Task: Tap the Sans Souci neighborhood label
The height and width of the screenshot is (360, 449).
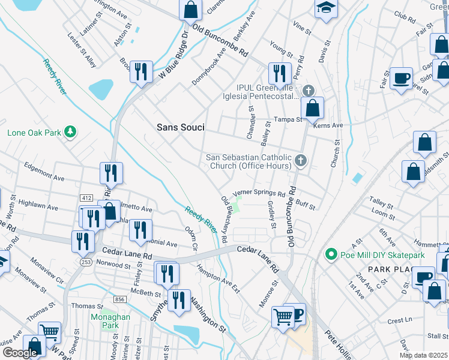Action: tap(180, 127)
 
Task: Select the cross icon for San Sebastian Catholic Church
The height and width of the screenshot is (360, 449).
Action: tap(301, 160)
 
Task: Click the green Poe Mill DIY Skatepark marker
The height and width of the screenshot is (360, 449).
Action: tap(330, 255)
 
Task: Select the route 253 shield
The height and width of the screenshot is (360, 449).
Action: tap(85, 262)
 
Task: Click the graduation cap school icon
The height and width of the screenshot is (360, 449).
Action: tap(326, 8)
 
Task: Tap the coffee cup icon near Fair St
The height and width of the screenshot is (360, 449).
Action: tap(401, 78)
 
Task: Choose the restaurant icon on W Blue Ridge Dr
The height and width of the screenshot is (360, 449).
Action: tap(141, 72)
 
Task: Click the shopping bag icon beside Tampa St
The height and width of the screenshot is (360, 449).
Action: tap(312, 109)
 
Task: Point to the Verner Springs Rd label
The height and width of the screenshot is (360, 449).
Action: tap(259, 193)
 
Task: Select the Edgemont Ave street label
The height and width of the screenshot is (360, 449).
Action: tap(44, 171)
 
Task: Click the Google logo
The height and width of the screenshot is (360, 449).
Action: tap(20, 353)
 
